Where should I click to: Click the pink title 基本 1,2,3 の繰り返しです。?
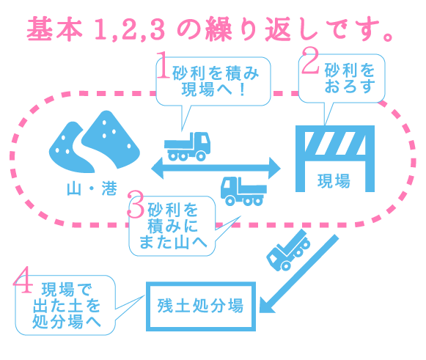[x=210, y=29]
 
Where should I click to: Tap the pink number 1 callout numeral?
[x=164, y=65]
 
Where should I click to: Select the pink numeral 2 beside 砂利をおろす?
[x=310, y=60]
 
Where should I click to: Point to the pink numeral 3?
[x=136, y=205]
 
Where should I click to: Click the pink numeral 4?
[x=23, y=280]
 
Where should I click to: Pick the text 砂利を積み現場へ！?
[x=215, y=81]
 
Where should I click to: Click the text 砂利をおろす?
[x=350, y=78]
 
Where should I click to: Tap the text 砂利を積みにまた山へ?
[x=173, y=226]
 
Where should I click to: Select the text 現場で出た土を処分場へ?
[x=67, y=306]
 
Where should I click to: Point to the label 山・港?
[x=92, y=188]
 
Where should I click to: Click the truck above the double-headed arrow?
[x=188, y=147]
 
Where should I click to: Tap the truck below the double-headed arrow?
[x=243, y=191]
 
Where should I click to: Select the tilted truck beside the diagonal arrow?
[x=289, y=250]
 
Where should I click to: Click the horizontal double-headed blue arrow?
[x=216, y=168]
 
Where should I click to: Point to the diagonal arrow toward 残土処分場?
[x=299, y=274]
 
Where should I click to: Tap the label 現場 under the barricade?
[x=334, y=181]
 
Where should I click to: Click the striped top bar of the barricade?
[x=335, y=143]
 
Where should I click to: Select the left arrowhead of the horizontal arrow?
[x=158, y=168]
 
